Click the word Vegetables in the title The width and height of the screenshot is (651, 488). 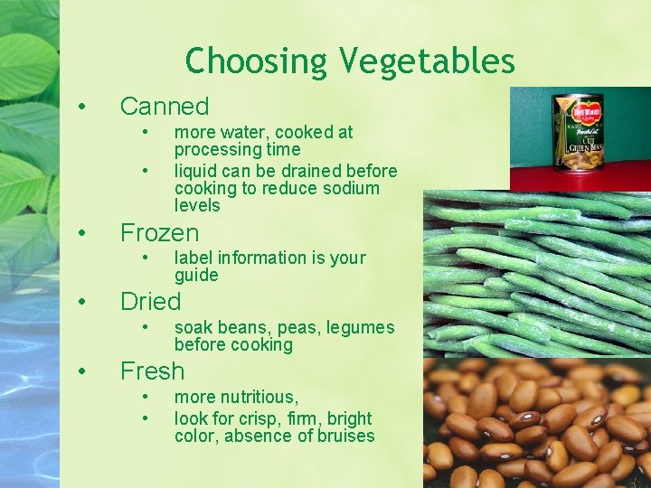pyautogui.click(x=428, y=62)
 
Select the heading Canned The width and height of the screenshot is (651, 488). pyautogui.click(x=164, y=107)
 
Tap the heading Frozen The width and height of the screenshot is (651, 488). pyautogui.click(x=159, y=233)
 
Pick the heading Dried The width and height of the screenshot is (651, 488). pyautogui.click(x=150, y=302)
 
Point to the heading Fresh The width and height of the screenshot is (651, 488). pyautogui.click(x=152, y=371)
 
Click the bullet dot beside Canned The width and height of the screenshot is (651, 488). pyautogui.click(x=81, y=107)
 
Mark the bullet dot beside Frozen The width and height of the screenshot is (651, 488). pyautogui.click(x=81, y=233)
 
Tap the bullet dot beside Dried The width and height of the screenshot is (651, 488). pyautogui.click(x=81, y=302)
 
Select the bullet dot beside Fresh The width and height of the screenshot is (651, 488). pyautogui.click(x=81, y=371)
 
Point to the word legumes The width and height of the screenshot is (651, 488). pyautogui.click(x=362, y=327)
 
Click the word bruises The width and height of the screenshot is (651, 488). pyautogui.click(x=343, y=436)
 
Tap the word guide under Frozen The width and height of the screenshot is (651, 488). pyautogui.click(x=196, y=275)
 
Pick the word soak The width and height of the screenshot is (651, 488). pyautogui.click(x=193, y=327)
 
